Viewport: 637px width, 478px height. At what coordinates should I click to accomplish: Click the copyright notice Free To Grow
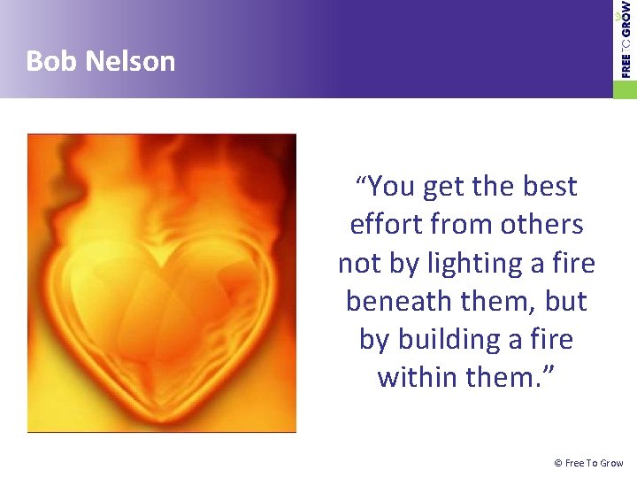(x=588, y=463)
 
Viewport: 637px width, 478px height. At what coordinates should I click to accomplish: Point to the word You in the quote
(x=393, y=187)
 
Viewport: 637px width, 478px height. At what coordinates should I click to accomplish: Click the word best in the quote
(x=549, y=187)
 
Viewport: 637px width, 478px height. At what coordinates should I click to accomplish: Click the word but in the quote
(x=566, y=301)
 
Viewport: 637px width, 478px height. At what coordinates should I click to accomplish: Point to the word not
(x=358, y=263)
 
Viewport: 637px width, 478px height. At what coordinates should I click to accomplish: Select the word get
(x=443, y=187)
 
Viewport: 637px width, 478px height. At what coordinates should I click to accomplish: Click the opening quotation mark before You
(x=361, y=181)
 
